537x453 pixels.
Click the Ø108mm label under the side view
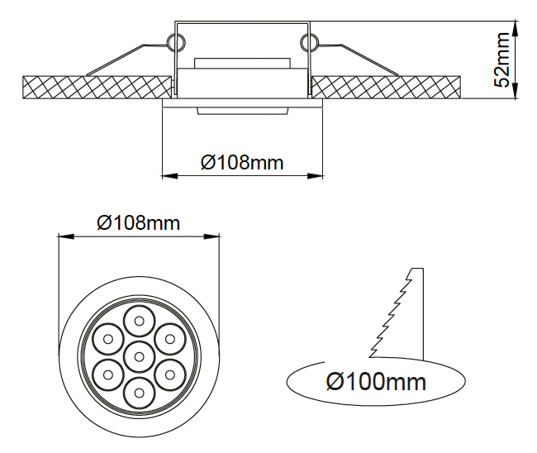pos(242,162)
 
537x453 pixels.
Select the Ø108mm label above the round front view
pos(138,222)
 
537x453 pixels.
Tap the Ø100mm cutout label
pos(376,382)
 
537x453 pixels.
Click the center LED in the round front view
pos(138,356)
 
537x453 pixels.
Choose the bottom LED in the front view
pos(138,393)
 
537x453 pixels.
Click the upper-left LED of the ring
pos(107,338)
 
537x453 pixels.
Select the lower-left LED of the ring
pos(107,374)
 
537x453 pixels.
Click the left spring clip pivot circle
pos(175,41)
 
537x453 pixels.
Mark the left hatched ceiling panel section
pos(95,85)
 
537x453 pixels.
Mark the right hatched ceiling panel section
pos(388,85)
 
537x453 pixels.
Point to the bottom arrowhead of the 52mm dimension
pos(516,97)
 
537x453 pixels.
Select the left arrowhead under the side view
pos(166,175)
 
